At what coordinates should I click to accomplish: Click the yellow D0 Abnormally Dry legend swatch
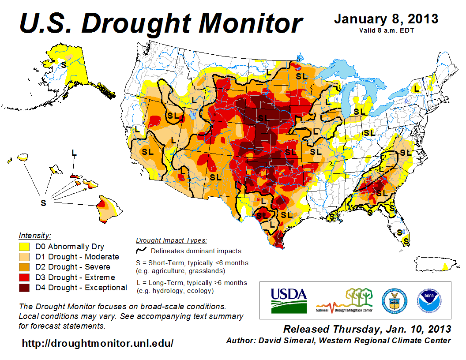click(24, 247)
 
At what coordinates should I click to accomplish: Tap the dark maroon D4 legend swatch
click(24, 288)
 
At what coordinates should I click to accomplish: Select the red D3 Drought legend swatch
click(24, 277)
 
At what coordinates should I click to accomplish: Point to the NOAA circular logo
click(427, 300)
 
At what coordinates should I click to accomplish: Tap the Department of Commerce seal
click(394, 300)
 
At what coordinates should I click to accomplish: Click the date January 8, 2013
click(386, 19)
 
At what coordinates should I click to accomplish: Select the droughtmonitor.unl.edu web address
click(98, 343)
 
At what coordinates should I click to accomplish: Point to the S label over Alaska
click(64, 64)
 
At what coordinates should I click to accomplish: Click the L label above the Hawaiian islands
click(74, 152)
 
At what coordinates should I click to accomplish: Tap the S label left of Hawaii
click(43, 203)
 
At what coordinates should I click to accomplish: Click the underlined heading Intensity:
click(35, 236)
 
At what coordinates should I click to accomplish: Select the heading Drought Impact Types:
click(171, 240)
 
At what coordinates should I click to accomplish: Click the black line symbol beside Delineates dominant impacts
click(141, 251)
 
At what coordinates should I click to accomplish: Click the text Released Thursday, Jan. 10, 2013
click(367, 329)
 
